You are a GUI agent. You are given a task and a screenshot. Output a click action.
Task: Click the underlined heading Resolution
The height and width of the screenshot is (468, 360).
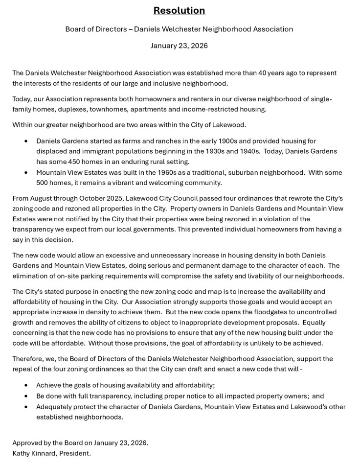(x=179, y=11)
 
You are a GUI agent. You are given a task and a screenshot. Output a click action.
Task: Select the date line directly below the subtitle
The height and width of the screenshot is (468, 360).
(x=179, y=46)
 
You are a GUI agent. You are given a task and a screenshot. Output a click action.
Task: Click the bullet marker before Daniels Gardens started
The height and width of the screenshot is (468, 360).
(x=26, y=141)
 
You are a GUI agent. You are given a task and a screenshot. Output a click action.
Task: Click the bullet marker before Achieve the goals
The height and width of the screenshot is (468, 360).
(x=26, y=386)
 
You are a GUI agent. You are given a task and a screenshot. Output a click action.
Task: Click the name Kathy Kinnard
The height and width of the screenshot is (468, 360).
(x=33, y=453)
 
